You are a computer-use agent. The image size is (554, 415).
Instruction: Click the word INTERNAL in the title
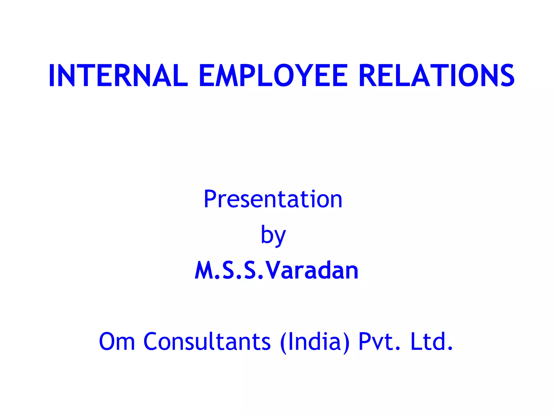click(118, 76)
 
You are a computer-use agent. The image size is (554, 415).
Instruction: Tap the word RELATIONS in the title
click(436, 76)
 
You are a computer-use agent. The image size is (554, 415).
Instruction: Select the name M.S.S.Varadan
click(276, 270)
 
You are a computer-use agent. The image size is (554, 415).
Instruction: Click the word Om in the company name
click(117, 342)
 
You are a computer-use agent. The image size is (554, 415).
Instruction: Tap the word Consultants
click(207, 342)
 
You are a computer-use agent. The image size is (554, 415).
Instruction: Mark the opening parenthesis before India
click(283, 343)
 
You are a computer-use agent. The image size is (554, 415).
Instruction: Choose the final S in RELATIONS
click(507, 76)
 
